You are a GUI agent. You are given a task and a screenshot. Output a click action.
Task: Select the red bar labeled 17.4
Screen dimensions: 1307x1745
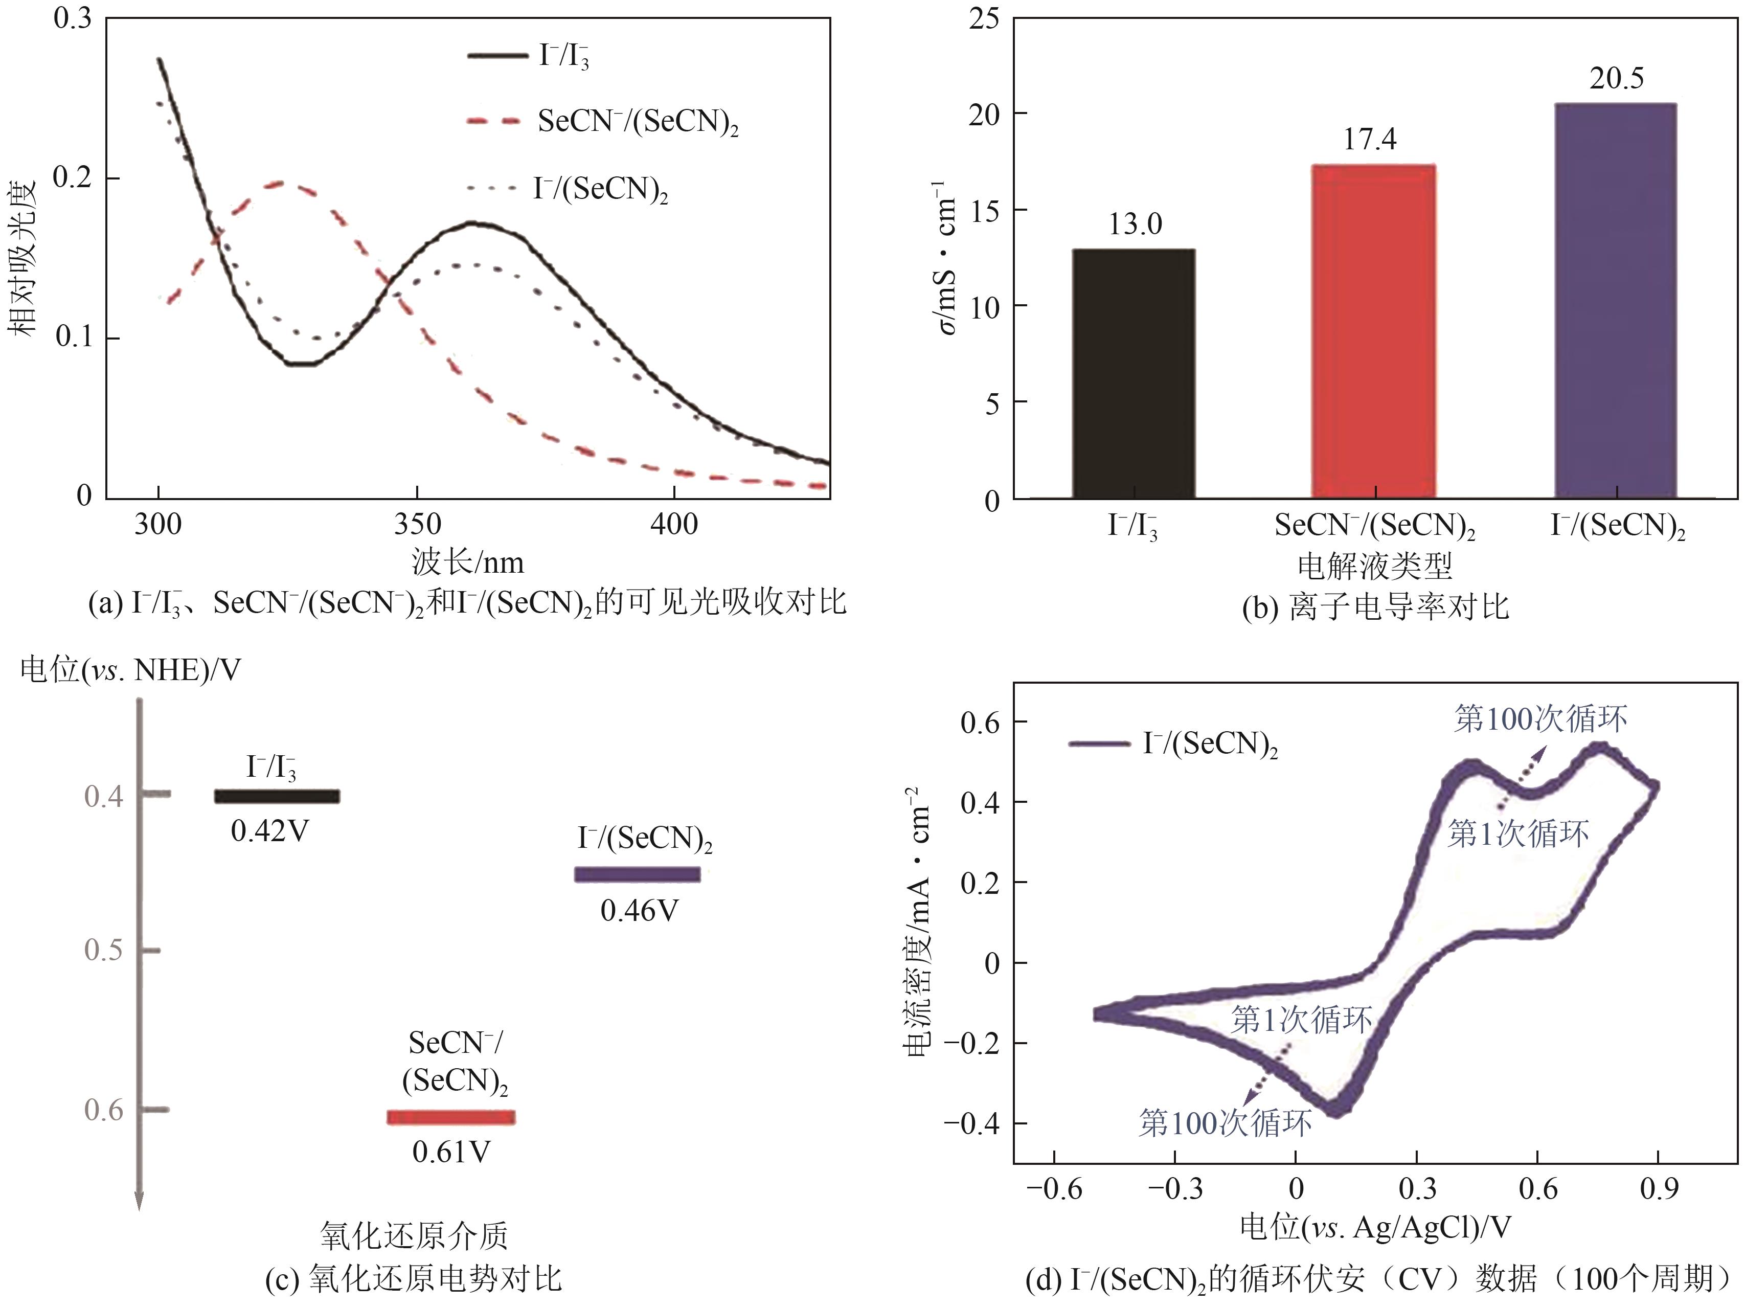click(x=1373, y=331)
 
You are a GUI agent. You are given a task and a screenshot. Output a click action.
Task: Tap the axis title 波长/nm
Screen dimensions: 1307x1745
click(x=467, y=562)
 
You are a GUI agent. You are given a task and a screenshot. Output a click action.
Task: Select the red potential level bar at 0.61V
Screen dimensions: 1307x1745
click(x=450, y=1117)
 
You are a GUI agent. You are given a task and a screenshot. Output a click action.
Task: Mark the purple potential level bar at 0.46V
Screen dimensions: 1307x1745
click(x=637, y=874)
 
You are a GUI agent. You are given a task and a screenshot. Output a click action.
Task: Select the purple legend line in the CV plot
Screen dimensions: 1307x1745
click(x=1099, y=743)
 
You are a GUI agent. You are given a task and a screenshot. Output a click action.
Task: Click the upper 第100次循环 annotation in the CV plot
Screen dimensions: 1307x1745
click(x=1540, y=718)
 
